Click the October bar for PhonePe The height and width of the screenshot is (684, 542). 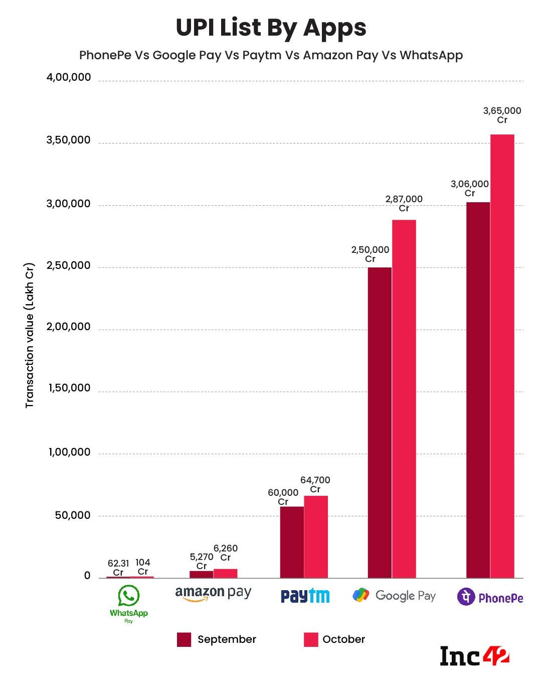point(502,356)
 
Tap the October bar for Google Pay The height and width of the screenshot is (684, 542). point(404,399)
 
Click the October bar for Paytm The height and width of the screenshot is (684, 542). point(316,537)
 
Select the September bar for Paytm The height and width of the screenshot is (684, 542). point(292,542)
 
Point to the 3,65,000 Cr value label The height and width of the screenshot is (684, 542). point(502,115)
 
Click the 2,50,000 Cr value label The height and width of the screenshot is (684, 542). point(370,254)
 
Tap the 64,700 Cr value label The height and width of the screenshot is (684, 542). point(315,485)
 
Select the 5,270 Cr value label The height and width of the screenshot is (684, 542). point(201,561)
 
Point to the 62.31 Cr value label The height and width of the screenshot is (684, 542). point(118,568)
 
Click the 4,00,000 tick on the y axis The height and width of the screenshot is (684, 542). point(69,78)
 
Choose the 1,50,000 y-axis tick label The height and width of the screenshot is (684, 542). point(69,388)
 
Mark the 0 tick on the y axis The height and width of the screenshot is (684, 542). point(87,576)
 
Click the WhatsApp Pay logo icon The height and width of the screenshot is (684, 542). point(129,596)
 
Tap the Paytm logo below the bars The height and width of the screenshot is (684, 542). point(305,596)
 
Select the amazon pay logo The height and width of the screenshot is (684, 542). point(213,594)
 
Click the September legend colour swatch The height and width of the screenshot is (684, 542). point(184,640)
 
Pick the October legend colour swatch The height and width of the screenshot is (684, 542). point(311,640)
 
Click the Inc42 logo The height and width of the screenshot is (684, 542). point(474,656)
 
